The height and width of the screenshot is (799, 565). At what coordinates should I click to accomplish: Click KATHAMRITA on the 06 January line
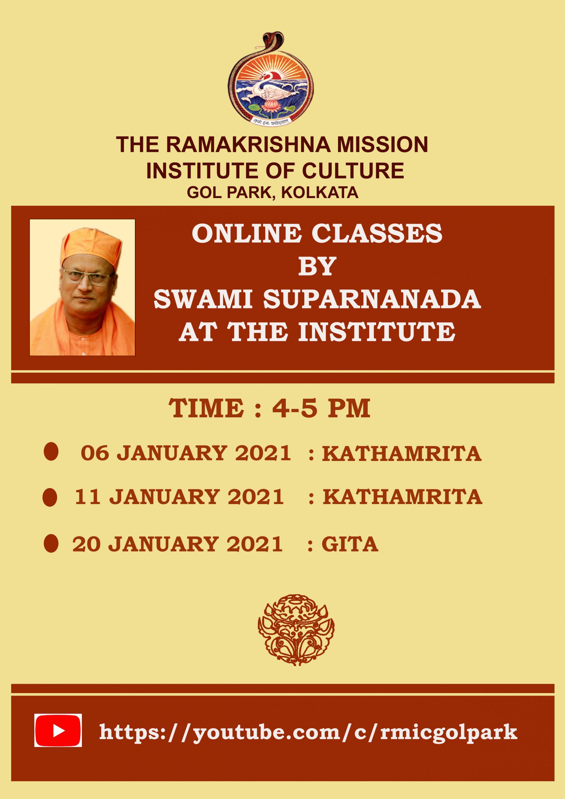[402, 454]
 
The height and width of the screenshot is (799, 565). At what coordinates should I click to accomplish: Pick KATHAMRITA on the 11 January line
[402, 497]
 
